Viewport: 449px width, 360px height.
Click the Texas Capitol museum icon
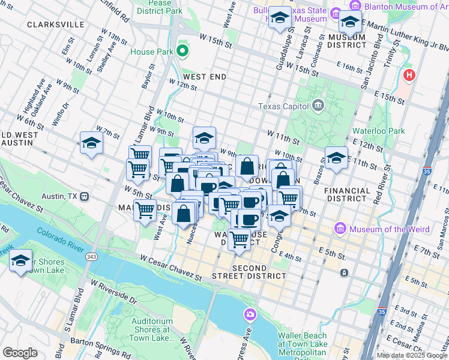(318, 106)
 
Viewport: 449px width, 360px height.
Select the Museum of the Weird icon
(341, 229)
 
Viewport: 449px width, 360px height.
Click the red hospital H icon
(410, 76)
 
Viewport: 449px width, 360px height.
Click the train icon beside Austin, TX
(85, 196)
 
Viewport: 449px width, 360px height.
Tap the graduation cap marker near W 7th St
(91, 143)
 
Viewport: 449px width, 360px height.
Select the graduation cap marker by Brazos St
(336, 158)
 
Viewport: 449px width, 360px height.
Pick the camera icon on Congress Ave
(250, 314)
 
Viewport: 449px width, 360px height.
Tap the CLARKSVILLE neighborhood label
(56, 25)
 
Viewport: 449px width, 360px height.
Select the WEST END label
(205, 77)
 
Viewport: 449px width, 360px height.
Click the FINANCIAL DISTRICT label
(347, 194)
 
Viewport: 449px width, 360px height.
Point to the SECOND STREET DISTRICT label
(249, 272)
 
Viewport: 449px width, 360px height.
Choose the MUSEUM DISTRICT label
(346, 40)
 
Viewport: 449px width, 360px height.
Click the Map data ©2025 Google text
(412, 355)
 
